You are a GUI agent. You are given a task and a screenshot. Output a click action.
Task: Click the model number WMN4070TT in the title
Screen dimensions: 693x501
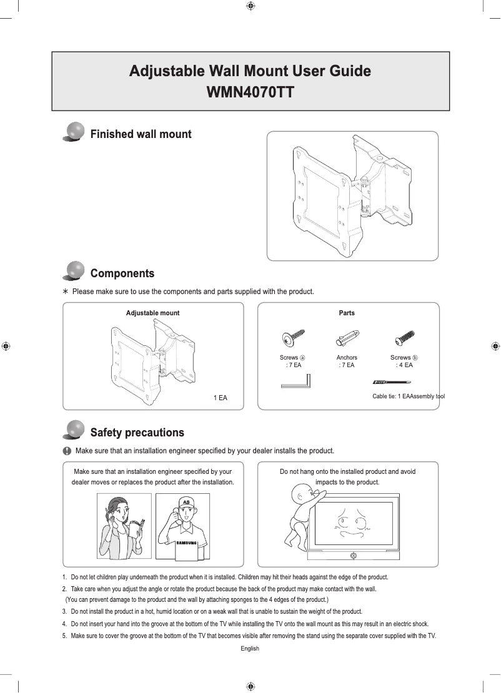point(250,93)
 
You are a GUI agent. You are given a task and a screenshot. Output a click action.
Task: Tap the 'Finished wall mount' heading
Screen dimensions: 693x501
point(141,134)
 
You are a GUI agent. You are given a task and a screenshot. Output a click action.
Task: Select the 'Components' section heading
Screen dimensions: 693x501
point(122,273)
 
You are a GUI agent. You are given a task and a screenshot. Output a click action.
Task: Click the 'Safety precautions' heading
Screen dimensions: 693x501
point(137,433)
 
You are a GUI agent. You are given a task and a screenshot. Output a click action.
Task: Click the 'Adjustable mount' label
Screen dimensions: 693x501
point(153,313)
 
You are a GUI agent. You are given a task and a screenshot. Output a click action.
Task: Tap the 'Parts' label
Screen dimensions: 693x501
point(347,313)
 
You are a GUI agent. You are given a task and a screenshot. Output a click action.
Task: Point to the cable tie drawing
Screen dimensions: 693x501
point(395,381)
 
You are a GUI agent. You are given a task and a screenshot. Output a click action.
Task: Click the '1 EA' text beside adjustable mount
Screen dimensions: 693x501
point(220,398)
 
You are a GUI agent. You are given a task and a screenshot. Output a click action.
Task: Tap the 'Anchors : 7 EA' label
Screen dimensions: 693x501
point(347,361)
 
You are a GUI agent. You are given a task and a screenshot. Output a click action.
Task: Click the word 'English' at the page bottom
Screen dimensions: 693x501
point(250,649)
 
